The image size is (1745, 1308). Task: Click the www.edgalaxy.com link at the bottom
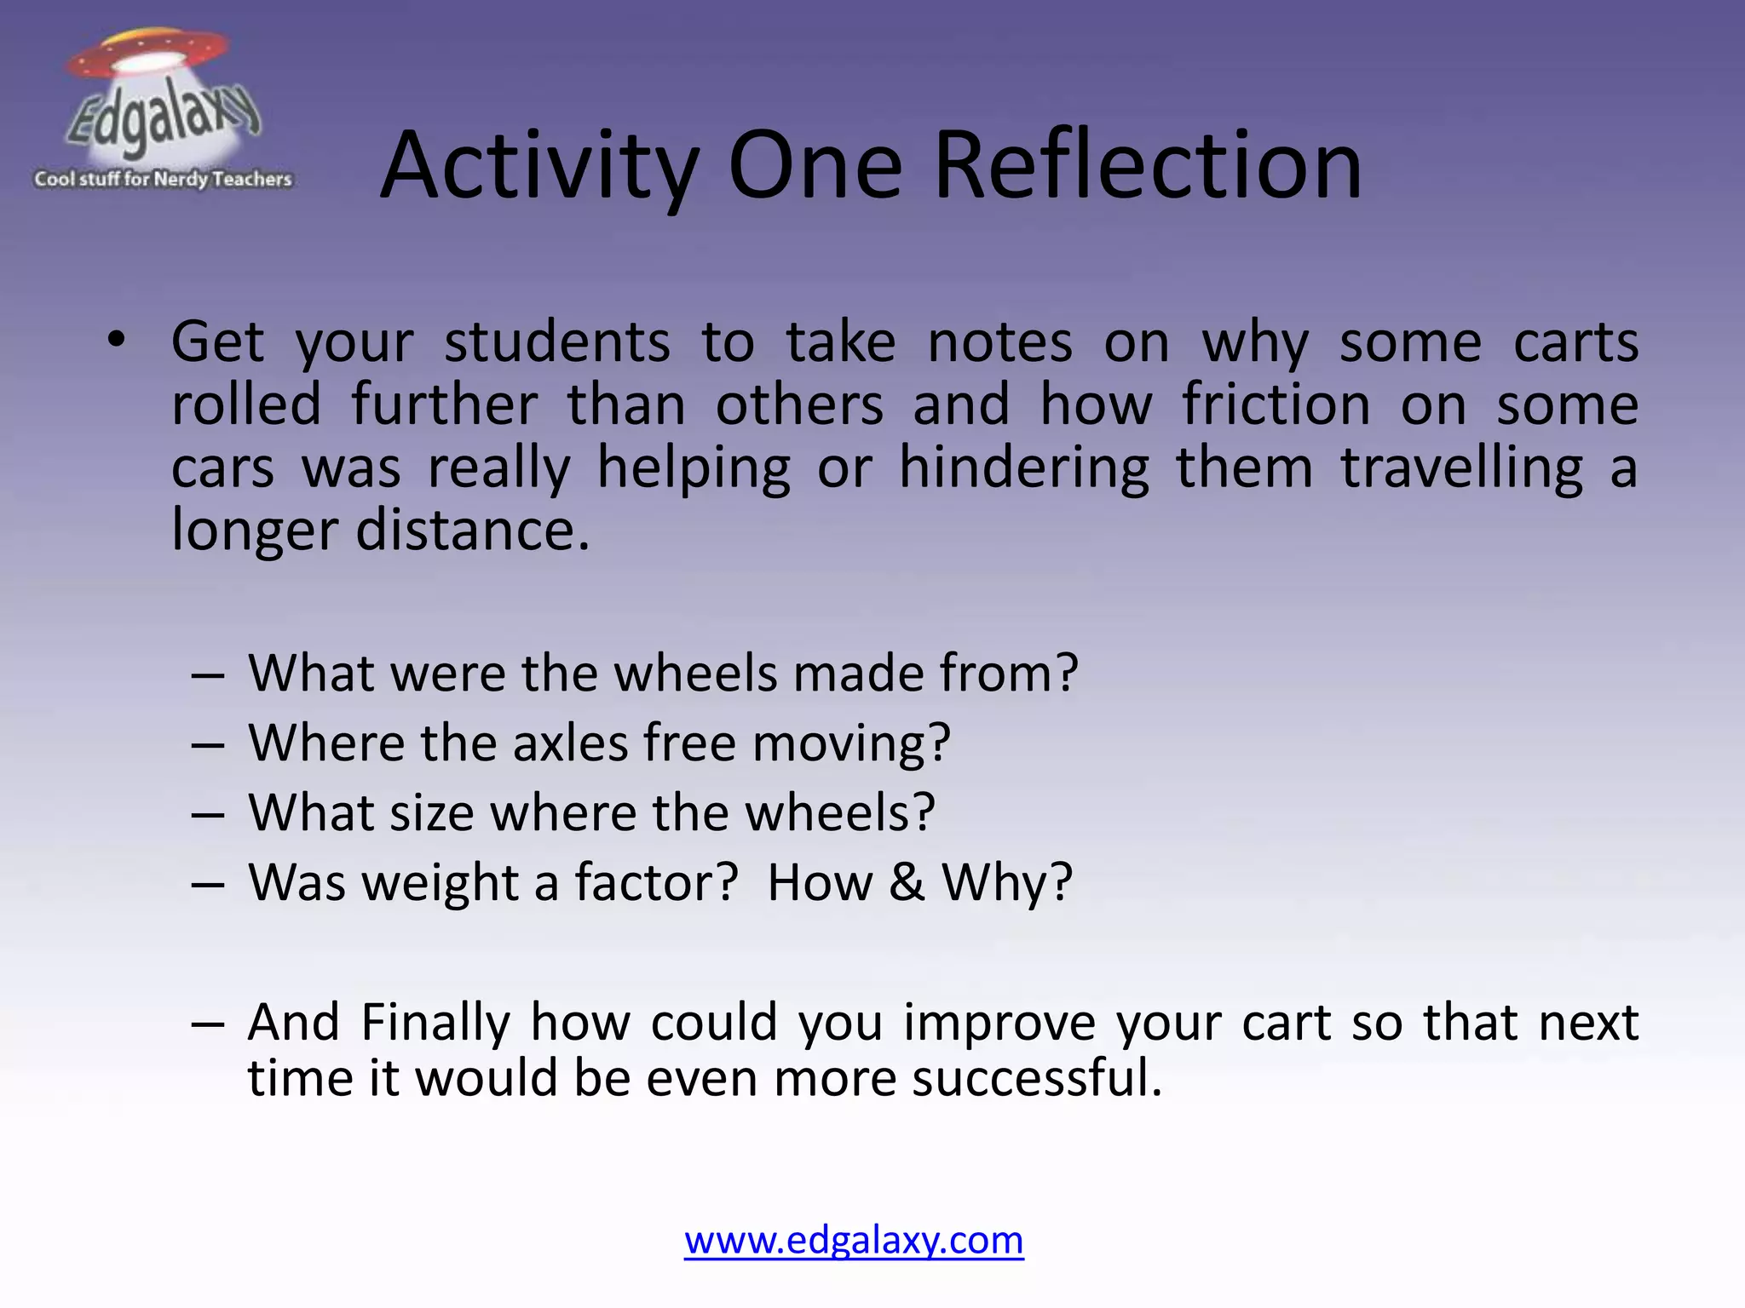point(854,1240)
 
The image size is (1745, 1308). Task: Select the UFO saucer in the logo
point(148,54)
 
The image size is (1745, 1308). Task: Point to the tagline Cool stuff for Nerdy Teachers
point(163,179)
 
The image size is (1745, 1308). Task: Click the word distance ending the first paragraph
point(472,531)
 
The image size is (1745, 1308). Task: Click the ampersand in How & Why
point(907,882)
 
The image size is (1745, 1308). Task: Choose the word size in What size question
point(431,812)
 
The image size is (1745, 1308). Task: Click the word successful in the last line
point(1036,1078)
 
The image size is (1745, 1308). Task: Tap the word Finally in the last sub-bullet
point(435,1022)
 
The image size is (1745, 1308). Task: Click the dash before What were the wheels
point(208,674)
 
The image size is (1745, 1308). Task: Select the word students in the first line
point(556,343)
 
